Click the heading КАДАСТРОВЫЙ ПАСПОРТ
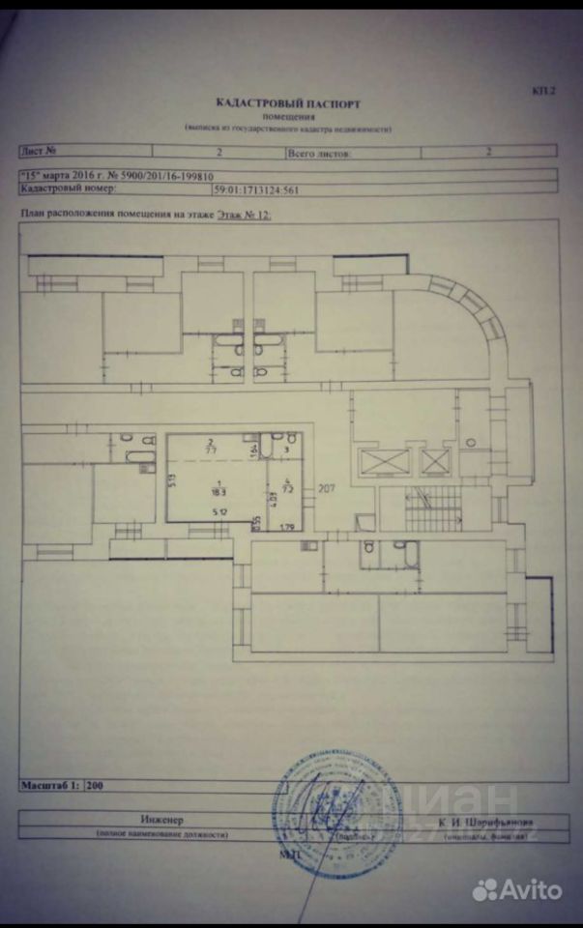click(x=290, y=101)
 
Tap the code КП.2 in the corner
click(x=544, y=92)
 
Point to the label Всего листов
click(x=319, y=153)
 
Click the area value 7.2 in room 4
click(x=288, y=490)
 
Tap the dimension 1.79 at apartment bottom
click(x=286, y=527)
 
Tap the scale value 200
click(x=95, y=786)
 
